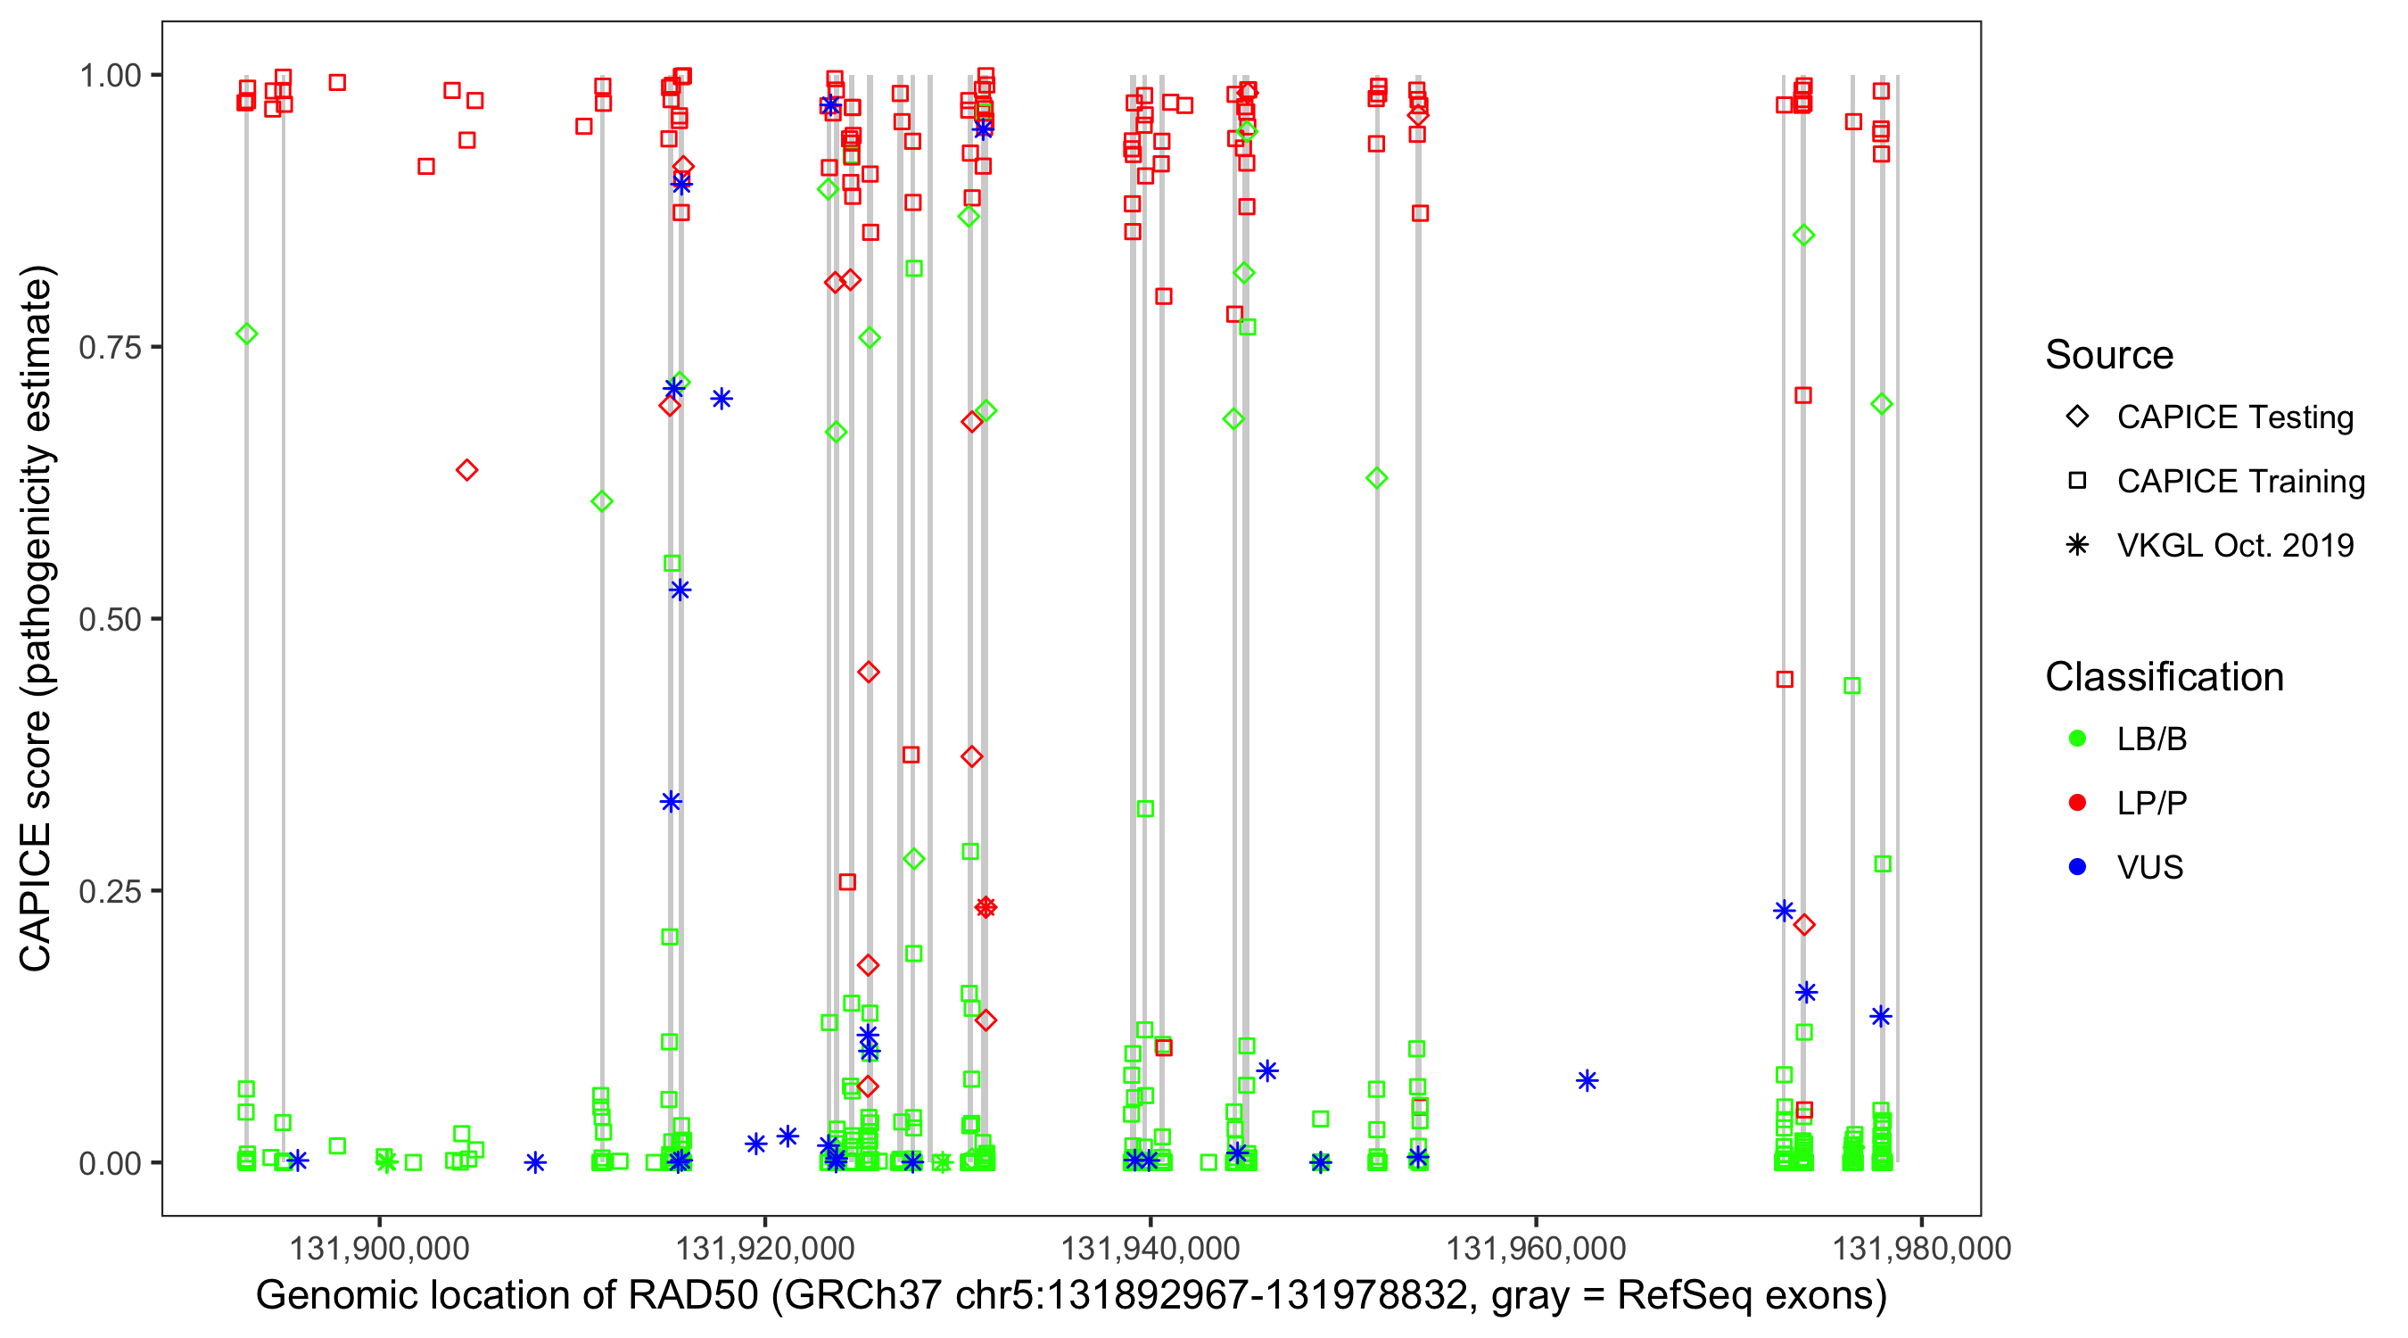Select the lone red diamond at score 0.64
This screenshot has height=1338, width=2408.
(x=466, y=469)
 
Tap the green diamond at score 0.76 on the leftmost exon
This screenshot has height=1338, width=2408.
(x=247, y=334)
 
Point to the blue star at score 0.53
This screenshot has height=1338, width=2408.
(x=680, y=590)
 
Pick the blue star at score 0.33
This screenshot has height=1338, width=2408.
(x=672, y=801)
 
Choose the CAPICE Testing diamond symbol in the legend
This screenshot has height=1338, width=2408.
(x=2077, y=417)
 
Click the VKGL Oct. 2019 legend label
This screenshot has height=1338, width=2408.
(x=2235, y=545)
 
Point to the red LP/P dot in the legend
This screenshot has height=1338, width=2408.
(x=2077, y=803)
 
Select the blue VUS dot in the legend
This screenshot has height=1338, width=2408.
(x=2077, y=867)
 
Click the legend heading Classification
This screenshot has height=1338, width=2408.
(x=2164, y=677)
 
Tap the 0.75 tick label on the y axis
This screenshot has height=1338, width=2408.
(x=109, y=348)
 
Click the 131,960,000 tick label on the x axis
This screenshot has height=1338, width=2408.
(x=1536, y=1248)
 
